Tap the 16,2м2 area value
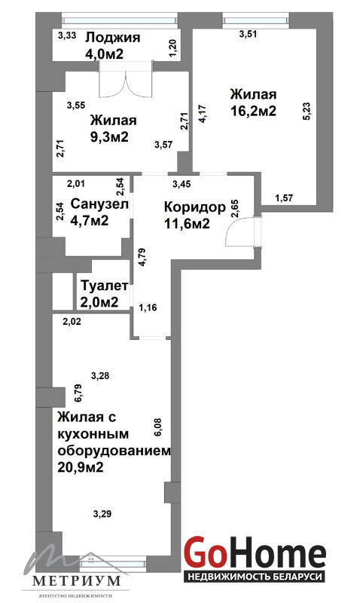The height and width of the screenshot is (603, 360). (x=253, y=111)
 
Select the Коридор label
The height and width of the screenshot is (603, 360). (x=195, y=207)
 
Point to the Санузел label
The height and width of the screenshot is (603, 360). (x=99, y=204)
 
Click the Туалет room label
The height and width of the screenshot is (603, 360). (x=105, y=286)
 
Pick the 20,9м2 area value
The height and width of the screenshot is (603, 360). (x=81, y=467)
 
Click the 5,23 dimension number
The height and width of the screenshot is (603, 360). (x=308, y=111)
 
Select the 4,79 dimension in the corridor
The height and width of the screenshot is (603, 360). (x=142, y=258)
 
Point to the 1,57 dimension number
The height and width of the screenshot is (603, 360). (x=285, y=198)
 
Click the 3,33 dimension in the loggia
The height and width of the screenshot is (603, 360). (x=67, y=35)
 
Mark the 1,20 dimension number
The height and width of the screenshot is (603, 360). (x=173, y=49)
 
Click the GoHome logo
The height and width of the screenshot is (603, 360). (x=255, y=554)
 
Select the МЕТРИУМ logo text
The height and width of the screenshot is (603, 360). (x=77, y=580)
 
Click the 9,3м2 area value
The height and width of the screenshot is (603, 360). (x=109, y=136)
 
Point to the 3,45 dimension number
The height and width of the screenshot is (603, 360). (x=182, y=184)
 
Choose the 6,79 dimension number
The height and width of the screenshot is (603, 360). (x=78, y=393)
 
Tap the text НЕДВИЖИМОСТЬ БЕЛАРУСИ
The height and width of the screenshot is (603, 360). (x=255, y=577)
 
